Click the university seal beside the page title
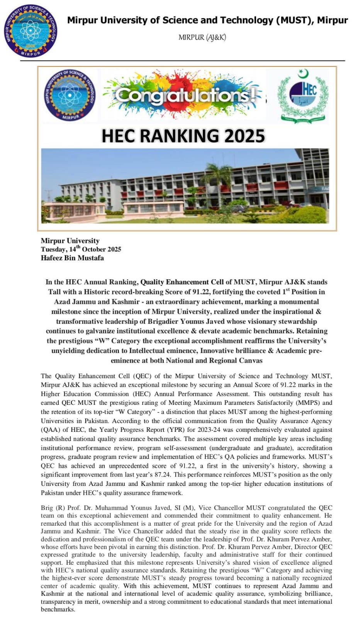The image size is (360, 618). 30,31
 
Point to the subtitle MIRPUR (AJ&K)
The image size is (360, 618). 202,37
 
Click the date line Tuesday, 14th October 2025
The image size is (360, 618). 81,249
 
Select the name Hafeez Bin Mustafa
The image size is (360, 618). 72,258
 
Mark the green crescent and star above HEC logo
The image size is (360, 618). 304,73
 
